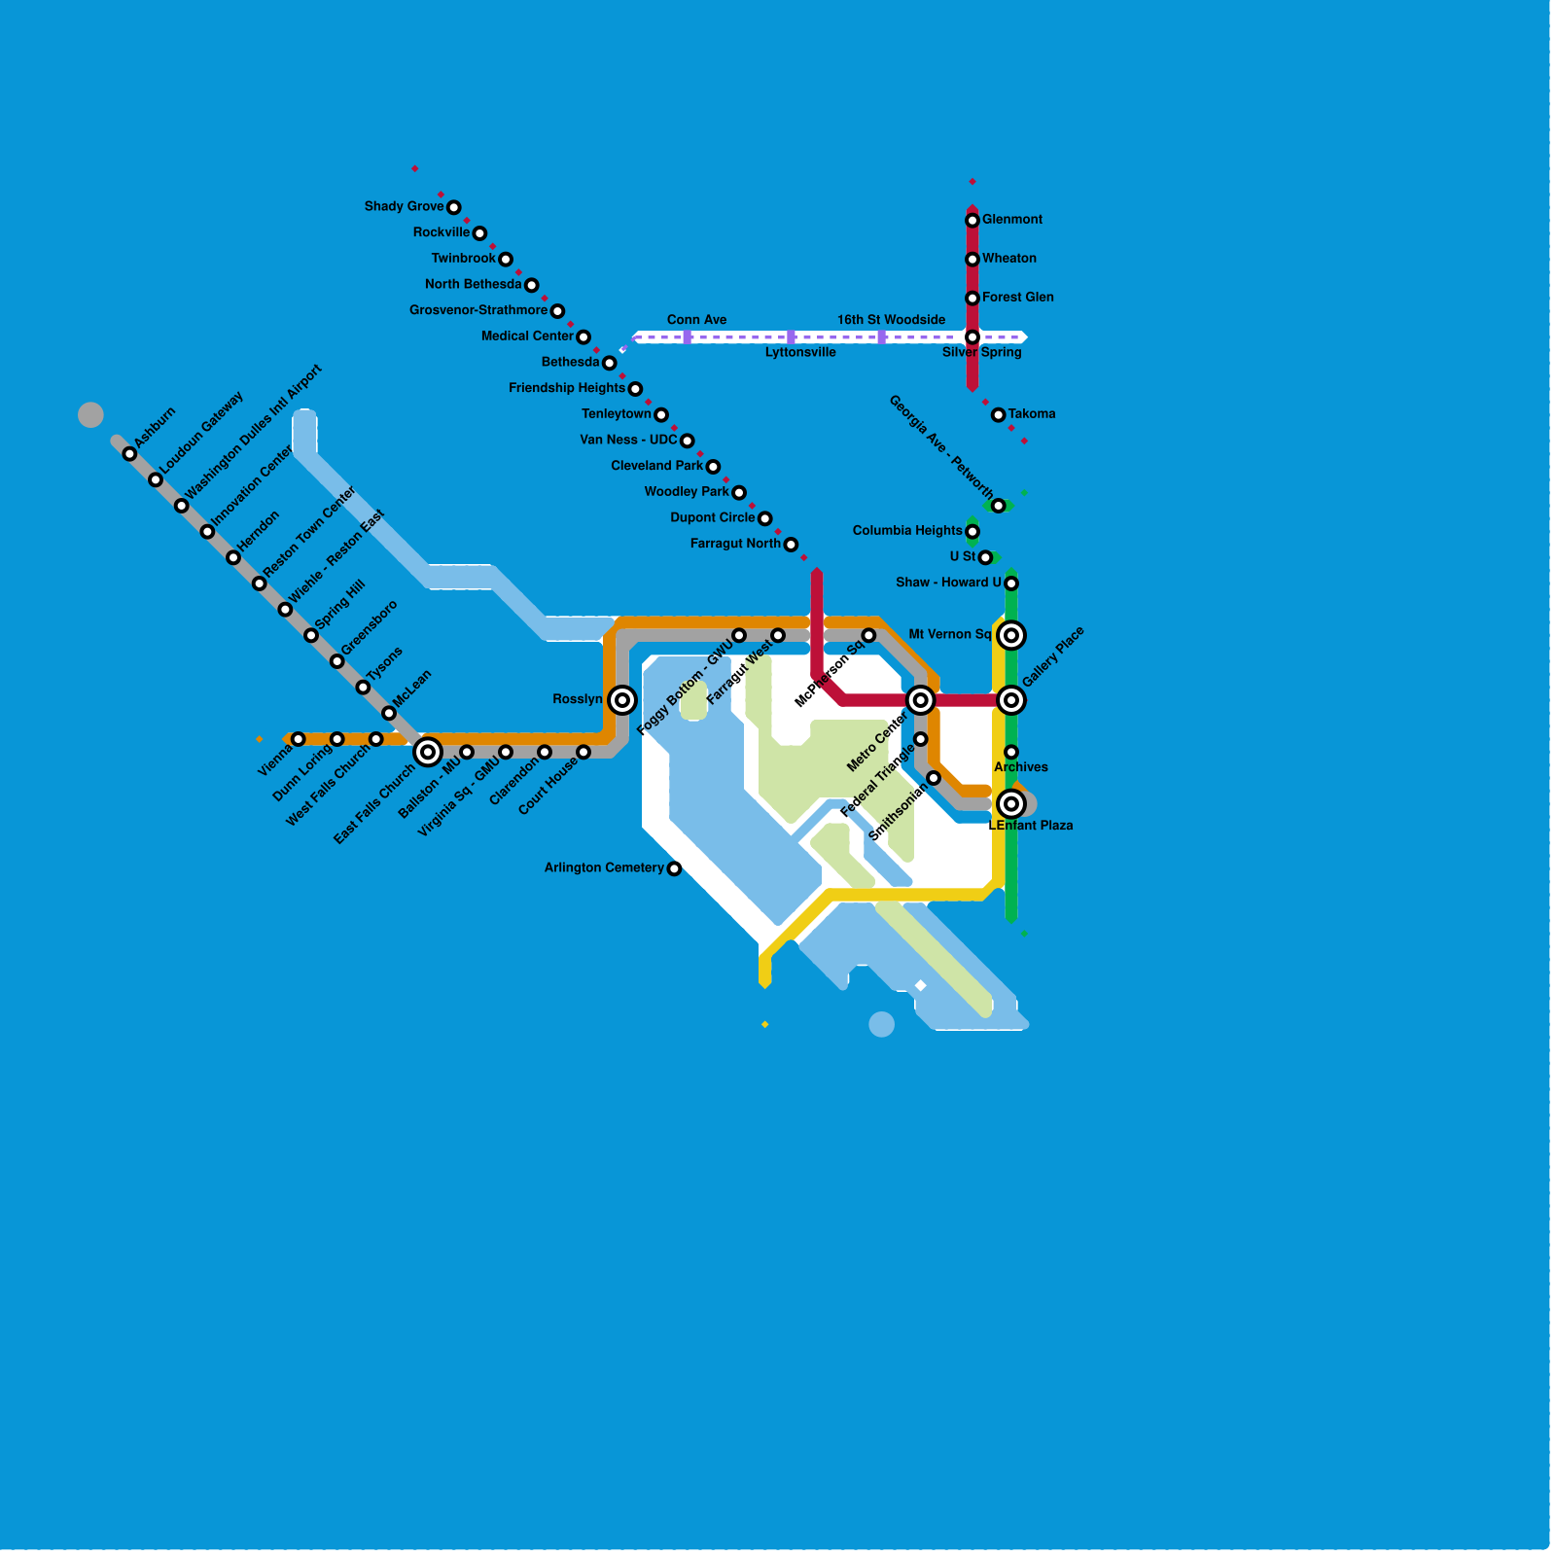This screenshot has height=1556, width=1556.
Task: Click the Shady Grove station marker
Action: click(453, 207)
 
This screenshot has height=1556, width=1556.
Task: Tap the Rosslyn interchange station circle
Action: click(622, 700)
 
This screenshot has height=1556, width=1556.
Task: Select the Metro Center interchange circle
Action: click(920, 700)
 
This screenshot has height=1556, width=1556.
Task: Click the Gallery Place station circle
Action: click(1011, 700)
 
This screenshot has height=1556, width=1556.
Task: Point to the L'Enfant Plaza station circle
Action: click(1011, 804)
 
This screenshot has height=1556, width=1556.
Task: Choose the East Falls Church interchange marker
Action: click(428, 752)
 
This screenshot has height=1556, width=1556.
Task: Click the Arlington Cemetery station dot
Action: click(674, 868)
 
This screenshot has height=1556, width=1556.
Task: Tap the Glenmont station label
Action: click(1012, 220)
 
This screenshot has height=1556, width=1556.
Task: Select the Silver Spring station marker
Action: click(972, 337)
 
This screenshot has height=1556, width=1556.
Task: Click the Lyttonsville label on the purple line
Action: click(800, 353)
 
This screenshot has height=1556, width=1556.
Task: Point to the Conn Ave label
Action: click(697, 320)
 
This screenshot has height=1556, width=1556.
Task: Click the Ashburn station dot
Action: click(129, 453)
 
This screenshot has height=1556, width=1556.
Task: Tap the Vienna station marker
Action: click(298, 739)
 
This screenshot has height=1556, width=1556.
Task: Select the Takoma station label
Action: click(1032, 414)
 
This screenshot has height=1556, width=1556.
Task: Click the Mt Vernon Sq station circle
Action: click(1011, 635)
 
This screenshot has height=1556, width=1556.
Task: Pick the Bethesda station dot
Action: click(609, 363)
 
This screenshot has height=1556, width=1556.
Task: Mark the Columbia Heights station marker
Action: click(972, 531)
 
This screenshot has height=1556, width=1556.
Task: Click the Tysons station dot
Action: click(363, 688)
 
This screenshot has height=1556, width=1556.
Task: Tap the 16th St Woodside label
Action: click(891, 320)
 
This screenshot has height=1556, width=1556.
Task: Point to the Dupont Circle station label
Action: click(713, 518)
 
